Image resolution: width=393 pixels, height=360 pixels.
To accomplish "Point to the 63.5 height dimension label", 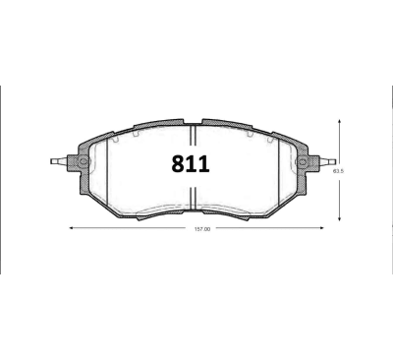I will point(339,170).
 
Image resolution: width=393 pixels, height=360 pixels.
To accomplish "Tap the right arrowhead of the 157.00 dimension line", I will point(323,228).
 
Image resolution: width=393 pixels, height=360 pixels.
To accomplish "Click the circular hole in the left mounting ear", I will point(83,161).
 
